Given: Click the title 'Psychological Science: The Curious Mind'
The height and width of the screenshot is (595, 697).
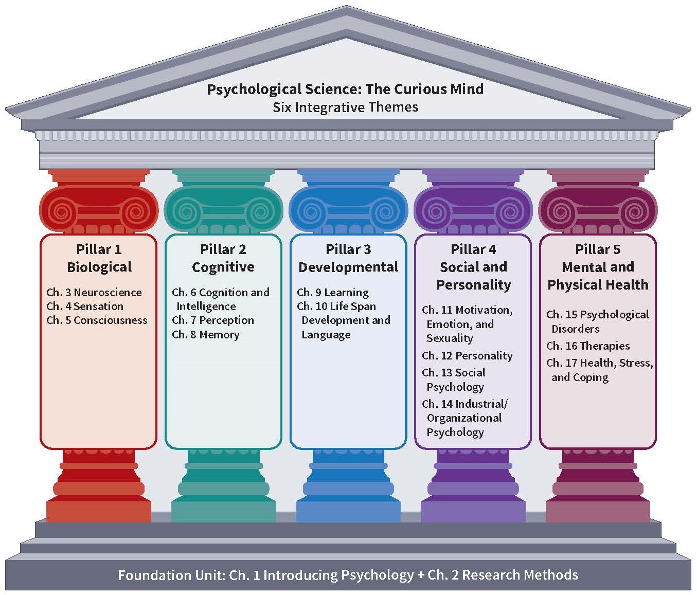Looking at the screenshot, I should pyautogui.click(x=345, y=89).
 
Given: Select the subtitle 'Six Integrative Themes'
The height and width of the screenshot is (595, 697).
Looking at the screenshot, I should pyautogui.click(x=345, y=107).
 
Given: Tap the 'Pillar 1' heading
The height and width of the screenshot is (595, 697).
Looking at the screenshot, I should pyautogui.click(x=99, y=249).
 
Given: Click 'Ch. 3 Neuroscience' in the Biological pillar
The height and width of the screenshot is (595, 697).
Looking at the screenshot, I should pyautogui.click(x=94, y=293).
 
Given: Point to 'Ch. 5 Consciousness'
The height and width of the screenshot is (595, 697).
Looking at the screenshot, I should pyautogui.click(x=97, y=320).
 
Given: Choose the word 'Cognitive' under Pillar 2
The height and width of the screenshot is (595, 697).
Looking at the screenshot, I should pyautogui.click(x=223, y=267).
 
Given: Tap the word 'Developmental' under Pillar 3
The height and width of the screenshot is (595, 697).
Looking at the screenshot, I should pyautogui.click(x=348, y=267).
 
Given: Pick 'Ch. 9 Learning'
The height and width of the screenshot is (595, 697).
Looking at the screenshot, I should pyautogui.click(x=333, y=293).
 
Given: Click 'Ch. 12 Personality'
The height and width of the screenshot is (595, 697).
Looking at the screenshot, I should pyautogui.click(x=467, y=356).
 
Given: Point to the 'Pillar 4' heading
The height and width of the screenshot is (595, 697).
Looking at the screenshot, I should pyautogui.click(x=473, y=249).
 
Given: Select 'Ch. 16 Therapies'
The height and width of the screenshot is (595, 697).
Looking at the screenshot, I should pyautogui.click(x=588, y=346).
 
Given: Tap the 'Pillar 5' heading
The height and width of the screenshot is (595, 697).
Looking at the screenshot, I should pyautogui.click(x=598, y=249).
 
